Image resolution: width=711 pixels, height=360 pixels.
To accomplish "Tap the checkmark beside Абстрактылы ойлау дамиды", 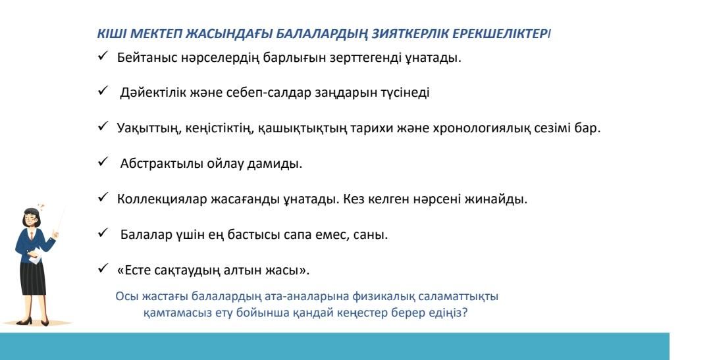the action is pos(103,161).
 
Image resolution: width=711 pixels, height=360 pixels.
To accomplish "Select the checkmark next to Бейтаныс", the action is pos(103,55).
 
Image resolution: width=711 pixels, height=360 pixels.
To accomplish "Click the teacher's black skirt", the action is pos(33,278).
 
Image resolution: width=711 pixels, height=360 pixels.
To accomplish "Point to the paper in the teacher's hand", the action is pos(36,255).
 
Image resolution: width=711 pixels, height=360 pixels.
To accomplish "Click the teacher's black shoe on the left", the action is pos(24,321).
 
